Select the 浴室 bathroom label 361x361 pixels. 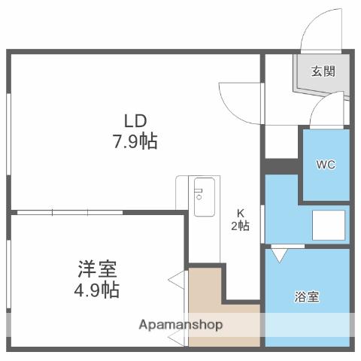click(x=306, y=296)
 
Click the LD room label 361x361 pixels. click(x=135, y=120)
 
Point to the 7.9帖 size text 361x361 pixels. click(x=135, y=141)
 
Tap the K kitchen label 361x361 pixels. click(x=241, y=211)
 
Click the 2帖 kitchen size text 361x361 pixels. click(x=241, y=225)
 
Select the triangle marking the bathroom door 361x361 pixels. click(x=279, y=255)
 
